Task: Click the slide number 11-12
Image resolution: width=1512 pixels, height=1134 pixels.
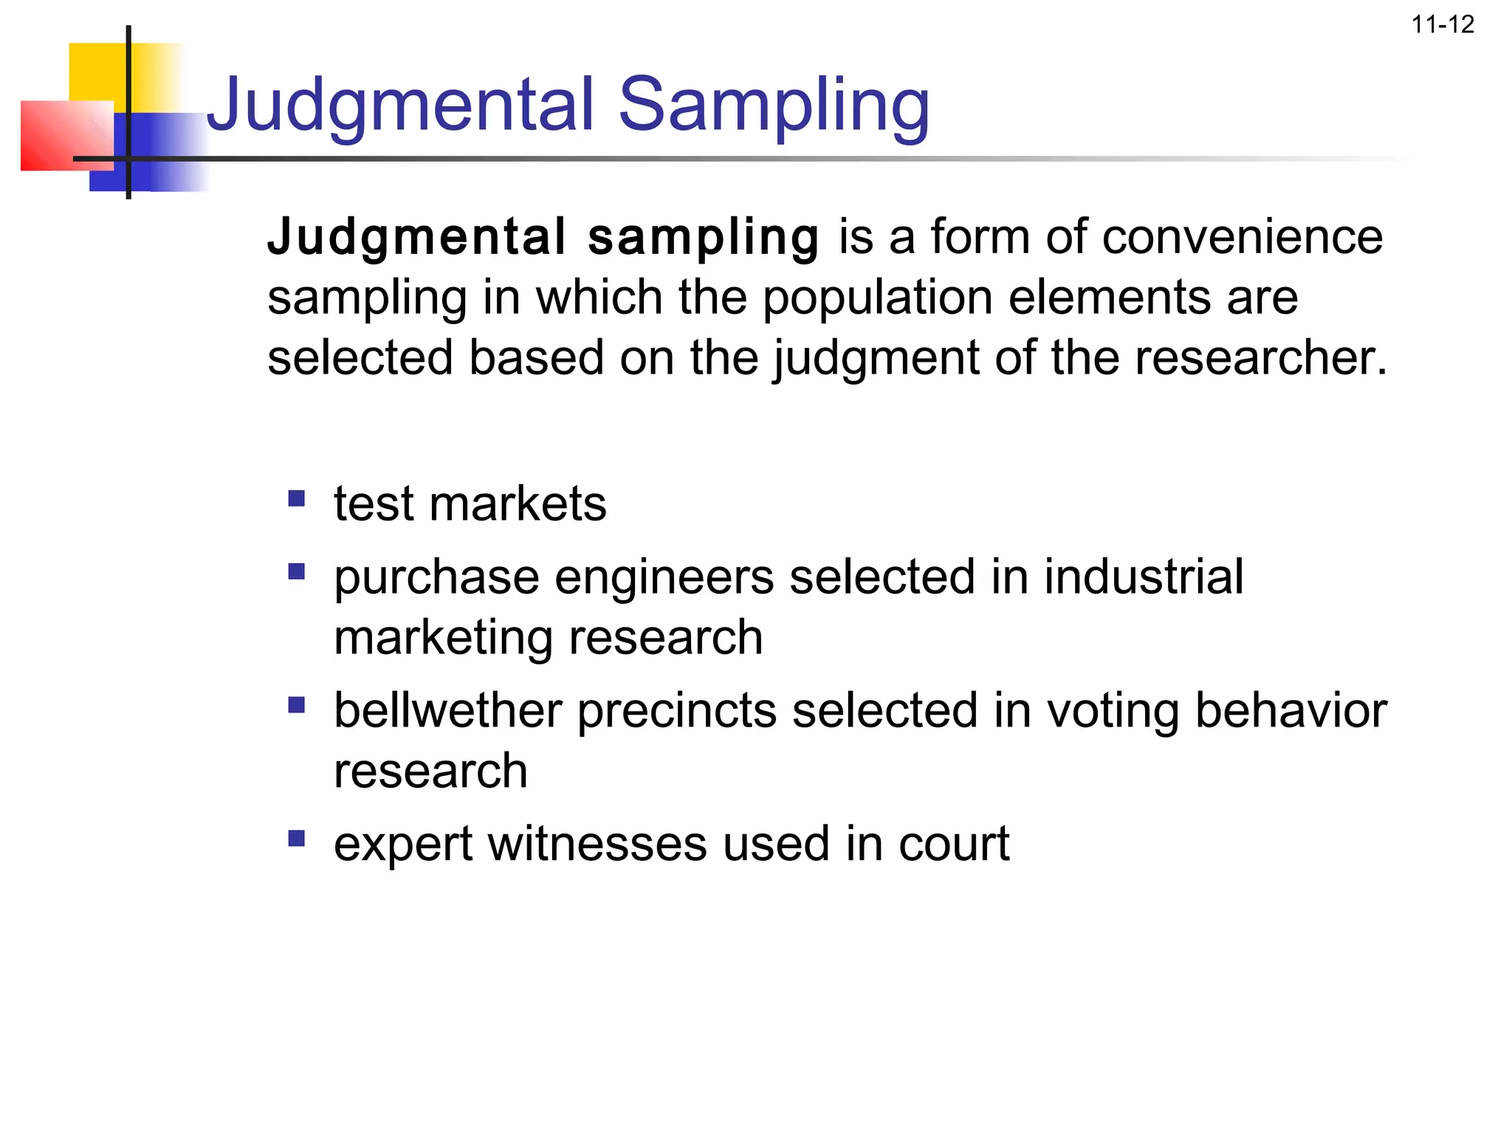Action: pyautogui.click(x=1442, y=24)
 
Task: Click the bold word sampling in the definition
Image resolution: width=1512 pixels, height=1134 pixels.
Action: pyautogui.click(x=703, y=238)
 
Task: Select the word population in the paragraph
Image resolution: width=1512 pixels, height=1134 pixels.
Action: pyautogui.click(x=877, y=298)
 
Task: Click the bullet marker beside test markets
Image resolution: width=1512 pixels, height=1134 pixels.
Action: pyautogui.click(x=297, y=499)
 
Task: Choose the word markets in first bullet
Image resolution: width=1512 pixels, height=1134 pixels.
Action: pyautogui.click(x=517, y=504)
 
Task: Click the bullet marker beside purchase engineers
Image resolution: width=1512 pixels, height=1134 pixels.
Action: pyautogui.click(x=297, y=571)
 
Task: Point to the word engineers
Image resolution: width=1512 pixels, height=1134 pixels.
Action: pyautogui.click(x=664, y=577)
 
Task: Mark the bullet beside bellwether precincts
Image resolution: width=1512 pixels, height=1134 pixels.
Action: pyautogui.click(x=297, y=705)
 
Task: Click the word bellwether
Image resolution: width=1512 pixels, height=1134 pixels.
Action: pyautogui.click(x=448, y=710)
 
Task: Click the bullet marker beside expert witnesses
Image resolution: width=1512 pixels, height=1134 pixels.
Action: pyautogui.click(x=297, y=839)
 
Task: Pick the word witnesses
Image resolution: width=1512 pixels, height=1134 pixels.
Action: pyautogui.click(x=597, y=844)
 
